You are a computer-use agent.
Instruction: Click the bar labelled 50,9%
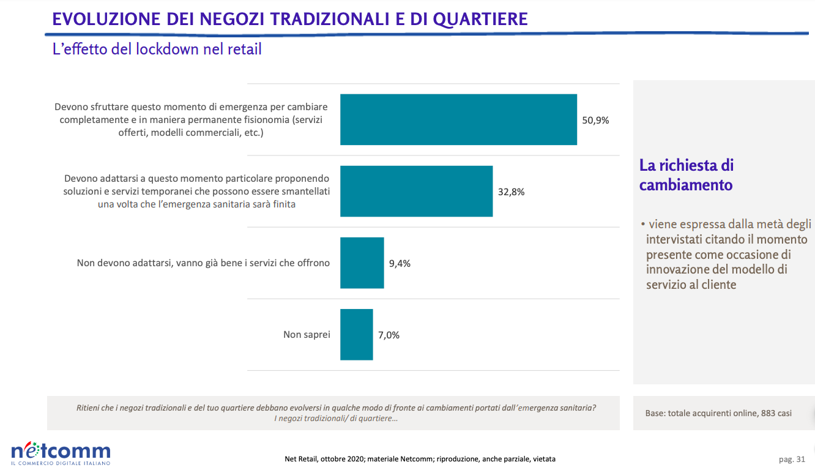coord(458,120)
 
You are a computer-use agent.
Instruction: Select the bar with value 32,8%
coord(416,192)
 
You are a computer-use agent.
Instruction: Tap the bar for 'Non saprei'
coord(357,335)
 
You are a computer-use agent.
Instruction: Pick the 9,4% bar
coord(362,263)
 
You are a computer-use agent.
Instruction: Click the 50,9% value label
coord(595,121)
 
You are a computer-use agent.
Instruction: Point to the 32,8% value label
coord(511,192)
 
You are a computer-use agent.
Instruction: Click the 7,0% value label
coord(389,335)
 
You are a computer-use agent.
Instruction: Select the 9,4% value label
coord(400,263)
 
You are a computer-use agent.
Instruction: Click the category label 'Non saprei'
coord(307,334)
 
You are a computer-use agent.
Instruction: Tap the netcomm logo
coord(61,453)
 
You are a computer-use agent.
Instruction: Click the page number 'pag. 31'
coord(792,460)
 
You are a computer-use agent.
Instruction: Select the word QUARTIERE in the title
coord(480,20)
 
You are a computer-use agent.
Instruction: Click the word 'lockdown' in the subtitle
coord(168,49)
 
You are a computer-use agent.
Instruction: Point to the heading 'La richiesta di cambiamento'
coord(686,175)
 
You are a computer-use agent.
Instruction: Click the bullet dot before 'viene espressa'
coord(643,224)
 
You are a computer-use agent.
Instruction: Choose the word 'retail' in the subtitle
coord(245,49)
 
